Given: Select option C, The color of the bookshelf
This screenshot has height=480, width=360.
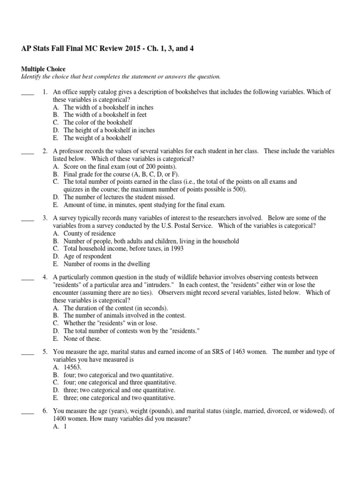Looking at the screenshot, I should (96, 122).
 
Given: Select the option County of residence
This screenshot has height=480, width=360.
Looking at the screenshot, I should (89, 233).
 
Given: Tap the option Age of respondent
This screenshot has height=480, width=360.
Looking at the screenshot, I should (87, 256).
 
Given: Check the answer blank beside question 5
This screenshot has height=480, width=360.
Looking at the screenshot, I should (28, 352).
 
